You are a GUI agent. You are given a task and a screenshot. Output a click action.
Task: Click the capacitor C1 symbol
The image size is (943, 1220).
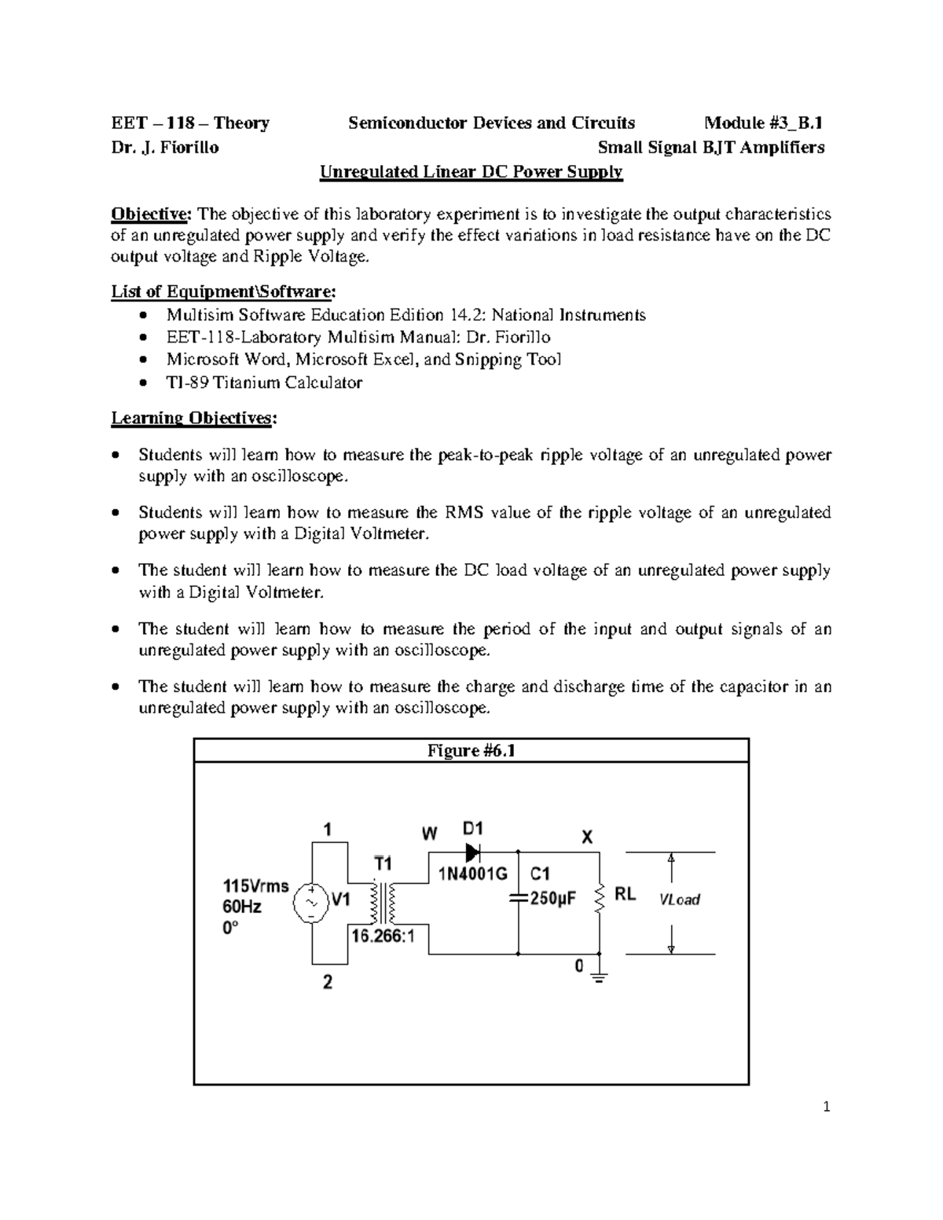pos(519,899)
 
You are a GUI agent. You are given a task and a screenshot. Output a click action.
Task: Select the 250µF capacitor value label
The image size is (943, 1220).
pos(553,899)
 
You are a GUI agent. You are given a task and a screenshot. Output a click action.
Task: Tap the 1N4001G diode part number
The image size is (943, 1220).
pos(472,874)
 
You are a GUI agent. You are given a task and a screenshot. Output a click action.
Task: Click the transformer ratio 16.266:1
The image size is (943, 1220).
pos(383,936)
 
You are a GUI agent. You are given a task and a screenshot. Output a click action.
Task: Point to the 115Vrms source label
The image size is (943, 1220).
pos(256,886)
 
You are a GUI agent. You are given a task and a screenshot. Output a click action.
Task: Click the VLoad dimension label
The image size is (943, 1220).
pos(679,900)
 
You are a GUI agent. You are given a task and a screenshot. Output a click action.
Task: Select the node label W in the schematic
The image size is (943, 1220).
pos(430,833)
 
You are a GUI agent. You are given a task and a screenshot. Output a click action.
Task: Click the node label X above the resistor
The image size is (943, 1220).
pos(587,837)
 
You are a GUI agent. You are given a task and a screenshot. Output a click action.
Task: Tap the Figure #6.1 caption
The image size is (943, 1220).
pos(471,751)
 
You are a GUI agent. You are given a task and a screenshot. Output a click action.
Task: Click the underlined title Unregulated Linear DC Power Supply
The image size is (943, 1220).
pos(471,172)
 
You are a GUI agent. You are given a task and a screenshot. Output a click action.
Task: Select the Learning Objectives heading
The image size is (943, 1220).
pos(193,418)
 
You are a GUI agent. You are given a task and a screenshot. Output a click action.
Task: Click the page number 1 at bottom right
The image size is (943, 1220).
pos(826,1108)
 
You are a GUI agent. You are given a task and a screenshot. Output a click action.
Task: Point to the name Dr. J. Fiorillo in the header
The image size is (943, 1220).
pos(165,148)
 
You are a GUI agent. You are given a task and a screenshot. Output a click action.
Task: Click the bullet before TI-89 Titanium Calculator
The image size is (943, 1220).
pos(141,384)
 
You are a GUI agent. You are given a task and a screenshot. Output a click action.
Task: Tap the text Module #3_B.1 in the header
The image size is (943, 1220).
pos(763,123)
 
